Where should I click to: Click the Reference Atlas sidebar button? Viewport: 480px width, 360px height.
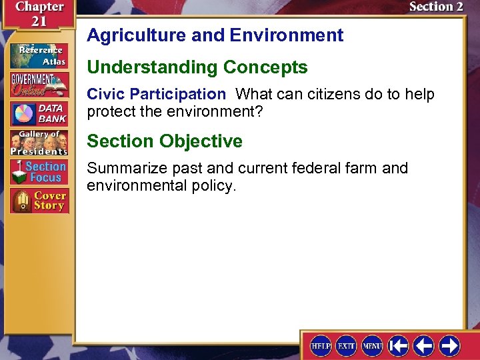pos(39,55)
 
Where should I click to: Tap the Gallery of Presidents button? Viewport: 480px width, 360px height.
pos(39,143)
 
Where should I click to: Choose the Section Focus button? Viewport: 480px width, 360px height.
pos(39,172)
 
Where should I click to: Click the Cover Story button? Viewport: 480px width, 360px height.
pos(39,201)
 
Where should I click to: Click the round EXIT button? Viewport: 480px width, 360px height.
pos(347,345)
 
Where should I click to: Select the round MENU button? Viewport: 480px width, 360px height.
pos(372,345)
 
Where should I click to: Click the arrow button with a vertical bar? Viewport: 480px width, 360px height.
pos(398,345)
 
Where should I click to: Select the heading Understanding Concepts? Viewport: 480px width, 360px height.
pos(197,67)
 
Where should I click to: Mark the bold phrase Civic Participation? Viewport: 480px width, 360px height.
pos(157,95)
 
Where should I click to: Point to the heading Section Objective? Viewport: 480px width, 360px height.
pos(165,141)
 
